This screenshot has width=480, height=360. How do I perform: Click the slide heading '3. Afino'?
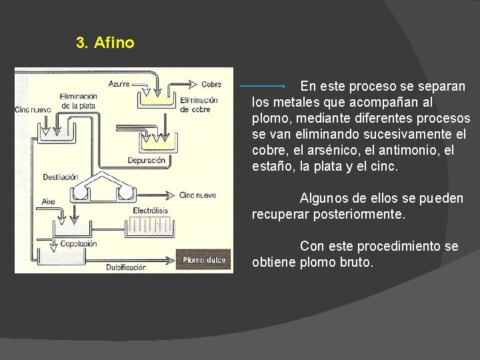click(x=105, y=43)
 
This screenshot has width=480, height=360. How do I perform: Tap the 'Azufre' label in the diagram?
click(x=119, y=84)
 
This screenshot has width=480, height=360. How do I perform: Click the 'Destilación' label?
click(x=61, y=177)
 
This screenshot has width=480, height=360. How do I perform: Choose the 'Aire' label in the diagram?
click(x=49, y=201)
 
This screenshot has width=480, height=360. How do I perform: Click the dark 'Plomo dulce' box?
click(x=204, y=260)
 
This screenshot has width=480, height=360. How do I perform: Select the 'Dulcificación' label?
click(x=125, y=267)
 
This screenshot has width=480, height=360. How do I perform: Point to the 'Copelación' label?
click(x=79, y=244)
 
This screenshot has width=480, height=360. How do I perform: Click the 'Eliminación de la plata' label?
click(x=78, y=101)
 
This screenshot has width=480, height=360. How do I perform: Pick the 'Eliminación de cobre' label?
click(x=199, y=105)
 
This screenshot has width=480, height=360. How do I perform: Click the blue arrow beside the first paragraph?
click(x=263, y=87)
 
